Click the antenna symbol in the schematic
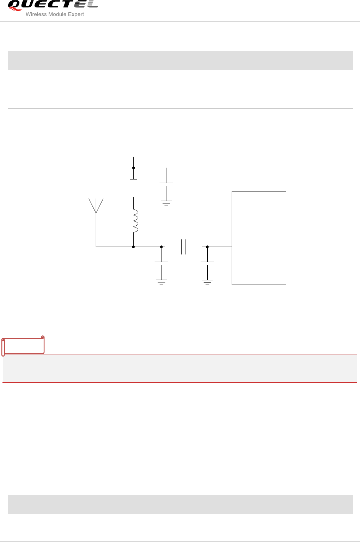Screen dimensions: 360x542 96,206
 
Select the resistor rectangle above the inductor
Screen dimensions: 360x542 133,188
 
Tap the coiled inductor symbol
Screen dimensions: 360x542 134,221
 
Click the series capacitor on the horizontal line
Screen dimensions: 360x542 183,247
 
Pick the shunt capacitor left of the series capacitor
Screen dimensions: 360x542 161,263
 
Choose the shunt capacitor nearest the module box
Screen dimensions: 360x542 207,263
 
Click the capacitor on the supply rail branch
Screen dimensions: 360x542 166,184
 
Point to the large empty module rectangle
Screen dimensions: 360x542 259,238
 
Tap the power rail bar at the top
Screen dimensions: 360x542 133,157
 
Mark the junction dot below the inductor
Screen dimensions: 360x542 133,247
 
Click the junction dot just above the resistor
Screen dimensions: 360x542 133,168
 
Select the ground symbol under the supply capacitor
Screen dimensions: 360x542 166,203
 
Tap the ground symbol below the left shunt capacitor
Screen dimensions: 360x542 161,282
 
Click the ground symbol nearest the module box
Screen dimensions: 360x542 207,282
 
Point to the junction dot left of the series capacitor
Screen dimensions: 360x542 161,247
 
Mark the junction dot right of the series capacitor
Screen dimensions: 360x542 207,247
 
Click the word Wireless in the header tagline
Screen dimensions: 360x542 36,14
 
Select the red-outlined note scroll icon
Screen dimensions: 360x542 23,346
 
